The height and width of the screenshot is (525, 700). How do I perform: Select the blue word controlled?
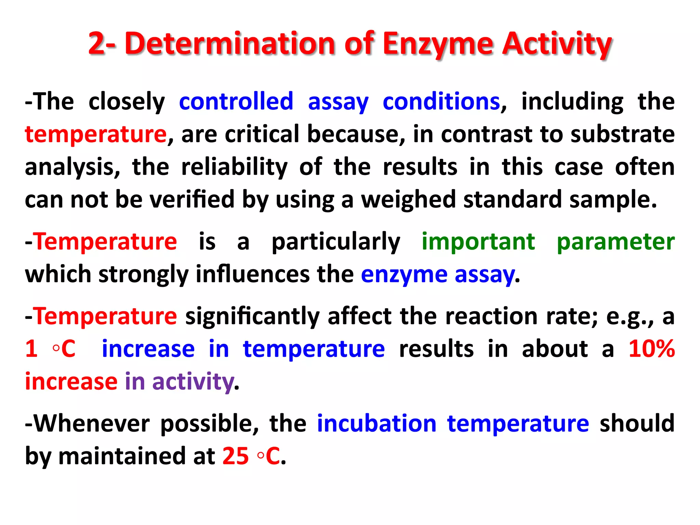[236, 102]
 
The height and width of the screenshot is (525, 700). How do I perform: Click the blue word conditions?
[441, 102]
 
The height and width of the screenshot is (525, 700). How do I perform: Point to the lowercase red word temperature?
[96, 134]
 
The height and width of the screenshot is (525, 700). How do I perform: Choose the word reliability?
[234, 167]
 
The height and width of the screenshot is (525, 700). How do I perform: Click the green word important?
[478, 242]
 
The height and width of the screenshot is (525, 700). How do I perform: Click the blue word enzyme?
[404, 275]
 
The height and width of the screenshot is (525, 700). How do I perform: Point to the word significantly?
[252, 317]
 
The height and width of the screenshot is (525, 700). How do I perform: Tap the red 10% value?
[651, 349]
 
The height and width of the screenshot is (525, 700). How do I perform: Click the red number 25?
[235, 456]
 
